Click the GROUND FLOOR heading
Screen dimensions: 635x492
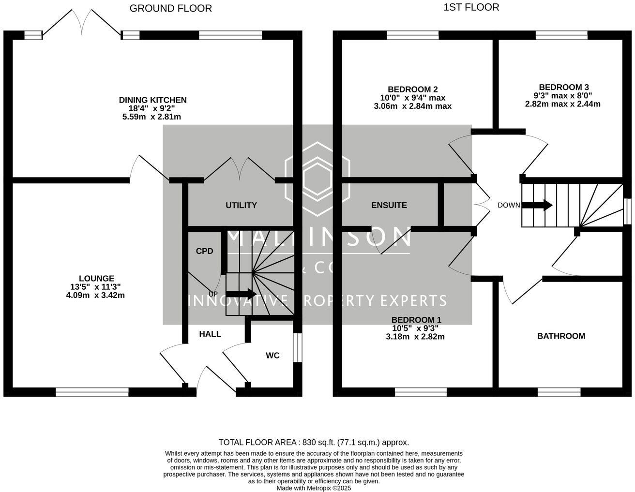point(171,9)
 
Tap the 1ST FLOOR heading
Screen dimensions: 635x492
point(471,7)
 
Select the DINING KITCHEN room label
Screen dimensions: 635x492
point(152,100)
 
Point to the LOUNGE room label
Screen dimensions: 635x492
point(96,278)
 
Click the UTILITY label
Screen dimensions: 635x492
point(241,205)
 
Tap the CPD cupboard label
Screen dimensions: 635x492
point(205,251)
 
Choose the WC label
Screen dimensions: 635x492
point(272,356)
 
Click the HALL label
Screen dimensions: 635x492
point(210,334)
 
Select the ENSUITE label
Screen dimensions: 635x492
point(389,205)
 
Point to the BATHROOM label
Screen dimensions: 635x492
point(561,336)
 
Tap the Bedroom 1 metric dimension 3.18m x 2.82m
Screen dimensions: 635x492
point(415,337)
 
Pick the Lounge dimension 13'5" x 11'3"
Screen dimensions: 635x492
point(95,287)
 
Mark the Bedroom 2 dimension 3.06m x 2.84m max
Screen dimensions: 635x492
point(413,106)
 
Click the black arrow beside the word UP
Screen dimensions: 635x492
point(242,294)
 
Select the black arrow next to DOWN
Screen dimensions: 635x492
point(537,205)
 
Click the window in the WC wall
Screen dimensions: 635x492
point(297,347)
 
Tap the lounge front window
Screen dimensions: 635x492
point(92,392)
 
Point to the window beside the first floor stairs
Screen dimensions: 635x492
point(627,211)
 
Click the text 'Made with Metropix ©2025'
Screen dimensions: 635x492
point(314,488)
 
